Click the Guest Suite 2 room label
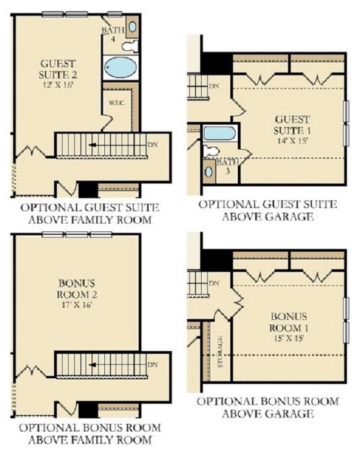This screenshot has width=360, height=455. point(58,69)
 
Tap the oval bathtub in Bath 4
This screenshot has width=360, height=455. point(121,67)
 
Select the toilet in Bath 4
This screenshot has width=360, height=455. point(130,46)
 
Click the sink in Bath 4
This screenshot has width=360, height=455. point(132,27)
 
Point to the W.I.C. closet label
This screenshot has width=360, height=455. point(117,103)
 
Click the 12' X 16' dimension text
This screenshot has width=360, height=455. point(57,85)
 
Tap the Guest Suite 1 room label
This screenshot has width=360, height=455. point(292,125)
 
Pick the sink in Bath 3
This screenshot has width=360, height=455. point(209,172)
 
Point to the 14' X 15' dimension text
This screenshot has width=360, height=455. point(291,141)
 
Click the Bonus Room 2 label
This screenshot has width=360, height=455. point(77,289)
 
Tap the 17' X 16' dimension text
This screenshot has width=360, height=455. point(77,305)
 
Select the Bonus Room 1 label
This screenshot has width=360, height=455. point(289,322)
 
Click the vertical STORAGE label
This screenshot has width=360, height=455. point(220,351)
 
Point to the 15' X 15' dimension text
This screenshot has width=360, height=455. point(289,338)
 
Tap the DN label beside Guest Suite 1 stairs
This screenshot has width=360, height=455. point(214,86)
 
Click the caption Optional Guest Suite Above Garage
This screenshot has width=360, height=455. point(268,210)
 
